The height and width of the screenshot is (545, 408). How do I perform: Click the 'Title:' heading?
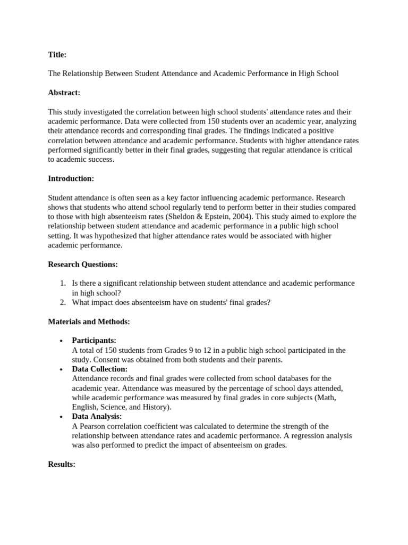pyautogui.click(x=57, y=54)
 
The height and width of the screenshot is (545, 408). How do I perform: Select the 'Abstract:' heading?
pyautogui.click(x=64, y=93)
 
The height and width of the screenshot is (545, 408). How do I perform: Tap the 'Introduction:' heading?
pyautogui.click(x=71, y=178)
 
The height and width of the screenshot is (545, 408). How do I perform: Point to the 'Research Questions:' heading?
pyautogui.click(x=83, y=264)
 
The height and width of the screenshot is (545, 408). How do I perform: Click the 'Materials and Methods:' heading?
pyautogui.click(x=89, y=321)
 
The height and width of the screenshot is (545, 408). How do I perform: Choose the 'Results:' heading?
pyautogui.click(x=62, y=464)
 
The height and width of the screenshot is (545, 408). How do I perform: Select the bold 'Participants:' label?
pyautogui.click(x=94, y=341)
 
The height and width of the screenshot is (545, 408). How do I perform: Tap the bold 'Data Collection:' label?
pyautogui.click(x=99, y=369)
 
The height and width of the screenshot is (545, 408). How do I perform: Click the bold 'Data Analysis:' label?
pyautogui.click(x=97, y=417)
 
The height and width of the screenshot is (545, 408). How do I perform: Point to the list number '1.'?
pyautogui.click(x=62, y=283)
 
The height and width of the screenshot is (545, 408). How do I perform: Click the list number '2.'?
pyautogui.click(x=62, y=302)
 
